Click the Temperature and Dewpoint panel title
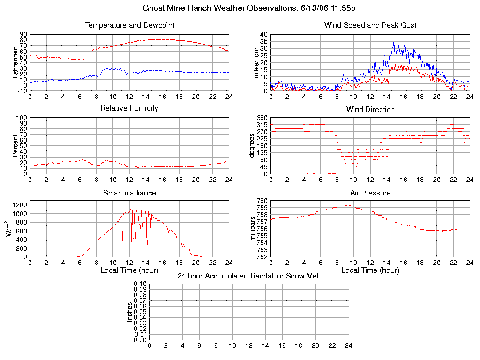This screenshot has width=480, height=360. tap(129, 25)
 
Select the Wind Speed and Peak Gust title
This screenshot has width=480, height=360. tap(370, 25)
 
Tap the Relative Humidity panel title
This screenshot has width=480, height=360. tap(129, 108)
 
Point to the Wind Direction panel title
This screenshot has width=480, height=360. tap(370, 110)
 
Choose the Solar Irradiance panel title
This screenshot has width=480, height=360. tap(129, 193)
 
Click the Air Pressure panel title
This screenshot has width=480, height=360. tap(370, 193)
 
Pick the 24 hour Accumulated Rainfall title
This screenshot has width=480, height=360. tap(249, 276)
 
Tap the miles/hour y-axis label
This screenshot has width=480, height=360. tap(256, 63)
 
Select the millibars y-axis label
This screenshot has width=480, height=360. tap(253, 229)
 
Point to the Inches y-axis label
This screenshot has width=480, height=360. tap(130, 312)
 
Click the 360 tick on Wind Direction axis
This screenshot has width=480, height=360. tap(261, 118)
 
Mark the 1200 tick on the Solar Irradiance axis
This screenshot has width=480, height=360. tap(21, 205)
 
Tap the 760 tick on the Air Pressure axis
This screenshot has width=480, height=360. tap(261, 201)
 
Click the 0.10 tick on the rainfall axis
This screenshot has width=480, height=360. tap(140, 284)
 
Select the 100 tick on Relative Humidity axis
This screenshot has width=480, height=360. tap(22, 118)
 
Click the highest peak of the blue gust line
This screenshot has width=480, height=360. tap(394, 41)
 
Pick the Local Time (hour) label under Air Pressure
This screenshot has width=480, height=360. tap(370, 270)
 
